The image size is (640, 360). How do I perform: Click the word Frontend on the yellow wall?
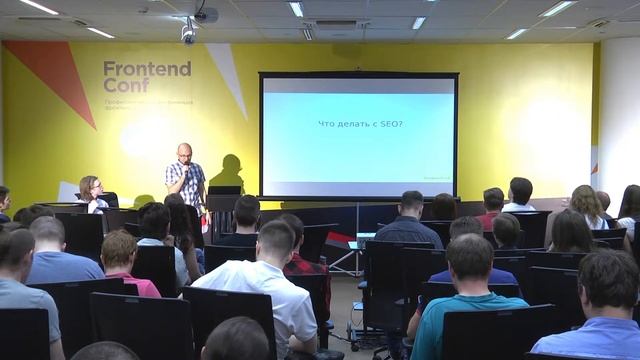(147, 69)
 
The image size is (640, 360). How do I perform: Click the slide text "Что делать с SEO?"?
(357, 123)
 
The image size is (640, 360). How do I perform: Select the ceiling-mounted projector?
(205, 15)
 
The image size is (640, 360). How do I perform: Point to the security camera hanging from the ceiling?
(188, 32)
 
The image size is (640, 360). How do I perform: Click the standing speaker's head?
(185, 151)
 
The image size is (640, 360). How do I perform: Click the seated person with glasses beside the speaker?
(91, 191)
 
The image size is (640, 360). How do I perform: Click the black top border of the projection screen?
(358, 75)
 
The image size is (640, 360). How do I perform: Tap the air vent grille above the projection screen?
(336, 23)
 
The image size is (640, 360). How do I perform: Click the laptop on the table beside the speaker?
(225, 190)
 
